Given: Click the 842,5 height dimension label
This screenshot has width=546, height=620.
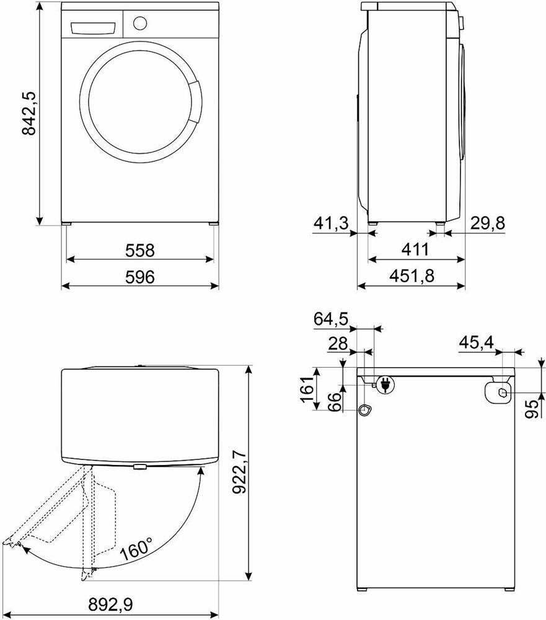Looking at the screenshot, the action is point(29,114).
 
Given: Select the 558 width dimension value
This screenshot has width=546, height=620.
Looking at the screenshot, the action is point(139,250).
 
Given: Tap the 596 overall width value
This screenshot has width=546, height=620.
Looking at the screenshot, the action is point(139,277).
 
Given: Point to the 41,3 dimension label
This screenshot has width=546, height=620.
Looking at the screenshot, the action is point(332,224).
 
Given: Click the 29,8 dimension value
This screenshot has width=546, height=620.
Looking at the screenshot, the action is point(488,224).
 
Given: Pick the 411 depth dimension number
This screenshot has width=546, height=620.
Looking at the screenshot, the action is point(415,249).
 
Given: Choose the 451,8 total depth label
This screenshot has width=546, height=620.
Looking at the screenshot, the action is point(412,276).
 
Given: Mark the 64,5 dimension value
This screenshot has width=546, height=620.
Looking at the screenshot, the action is point(331,319).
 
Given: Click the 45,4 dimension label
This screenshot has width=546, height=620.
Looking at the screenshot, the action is point(477,342).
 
